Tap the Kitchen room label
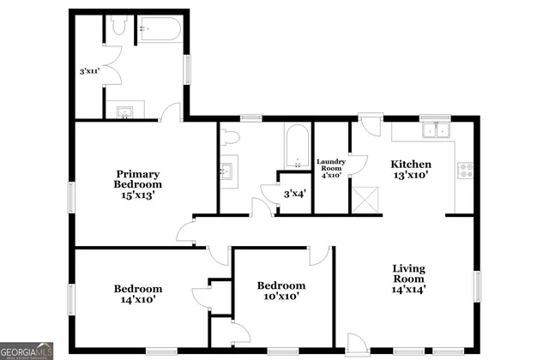click(x=410, y=169)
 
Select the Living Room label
click(x=408, y=279)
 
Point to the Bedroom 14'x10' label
click(x=138, y=294)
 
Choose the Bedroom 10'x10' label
click(x=281, y=291)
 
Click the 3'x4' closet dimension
click(x=294, y=195)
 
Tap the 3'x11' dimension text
click(x=88, y=72)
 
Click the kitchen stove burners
click(x=467, y=171)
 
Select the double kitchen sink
click(x=436, y=131)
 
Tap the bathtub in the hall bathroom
click(x=296, y=146)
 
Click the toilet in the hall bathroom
click(x=228, y=136)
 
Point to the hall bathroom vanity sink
click(x=226, y=171)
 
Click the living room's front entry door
click(x=356, y=343)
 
